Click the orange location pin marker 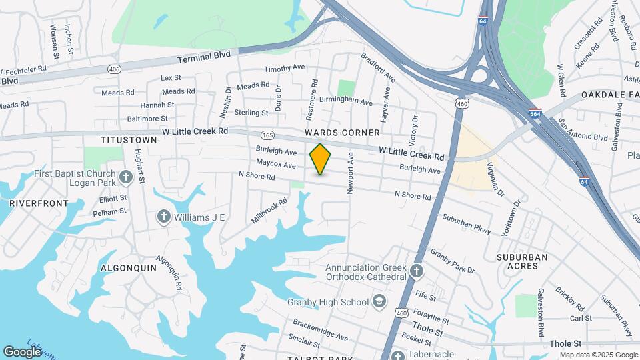321,159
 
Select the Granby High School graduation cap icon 379,302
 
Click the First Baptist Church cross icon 127,177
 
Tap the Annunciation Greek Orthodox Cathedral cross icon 417,271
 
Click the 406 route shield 114,69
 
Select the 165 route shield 267,134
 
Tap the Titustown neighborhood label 129,140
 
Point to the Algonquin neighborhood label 128,267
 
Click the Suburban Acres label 522,261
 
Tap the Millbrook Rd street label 269,210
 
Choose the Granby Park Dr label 452,261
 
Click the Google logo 23,351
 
